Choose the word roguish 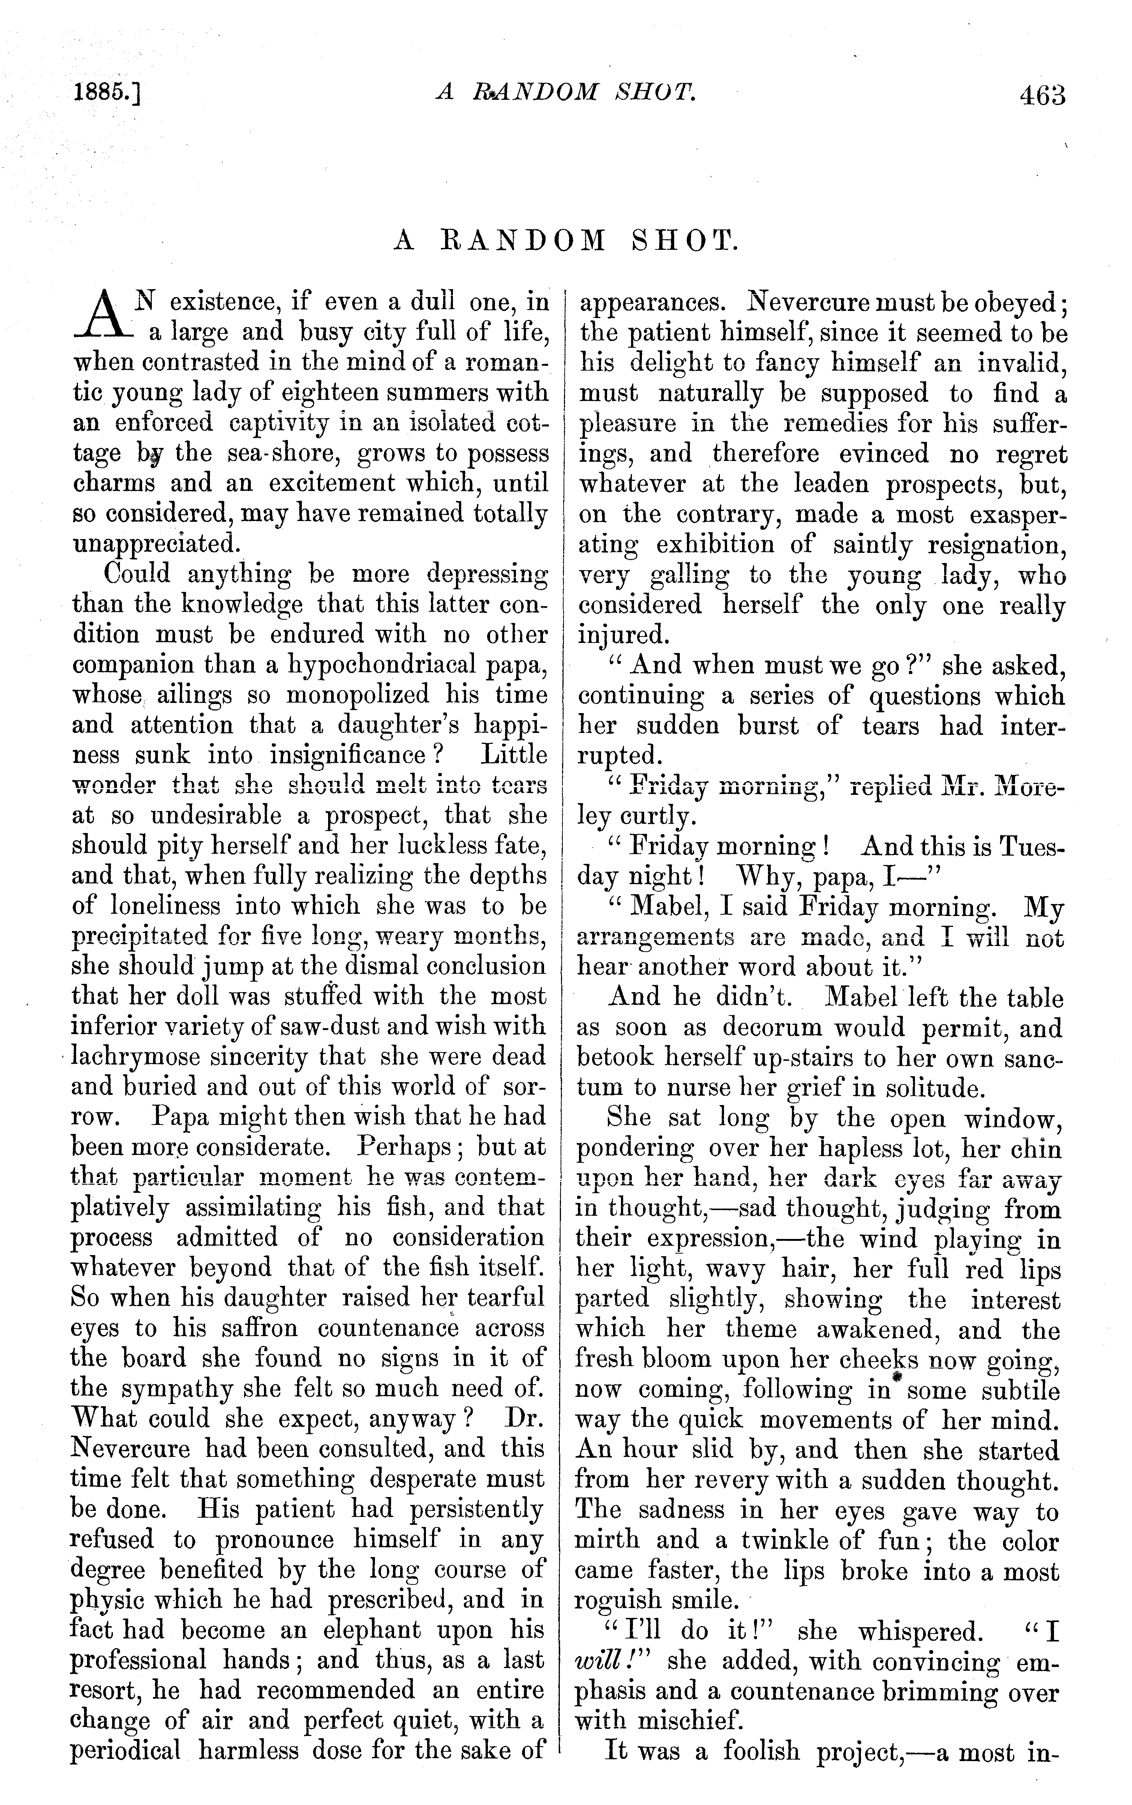click(x=618, y=1601)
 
